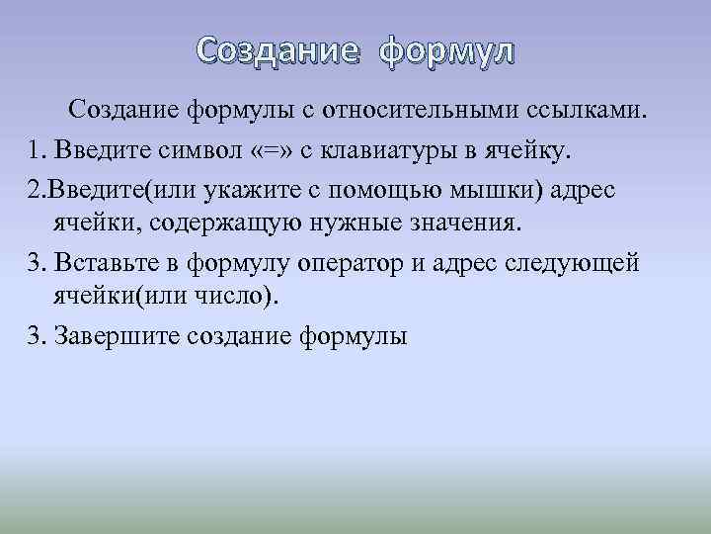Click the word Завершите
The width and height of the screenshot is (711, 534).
point(111,336)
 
